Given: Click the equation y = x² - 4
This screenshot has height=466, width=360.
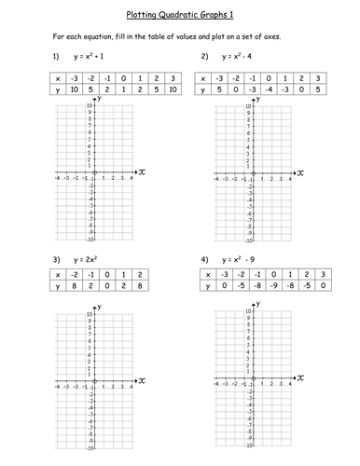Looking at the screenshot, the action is pos(245,59).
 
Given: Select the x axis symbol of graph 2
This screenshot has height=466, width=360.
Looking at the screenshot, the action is pos(302,172).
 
